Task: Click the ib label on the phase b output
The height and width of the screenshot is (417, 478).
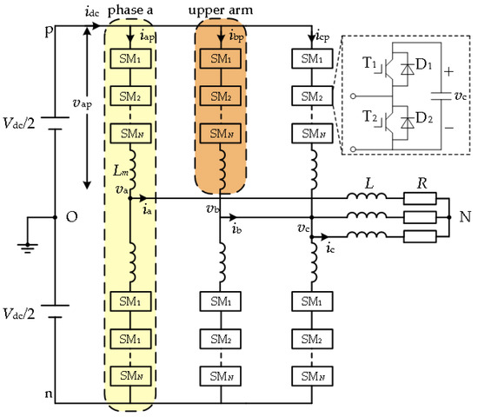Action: click(237, 229)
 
